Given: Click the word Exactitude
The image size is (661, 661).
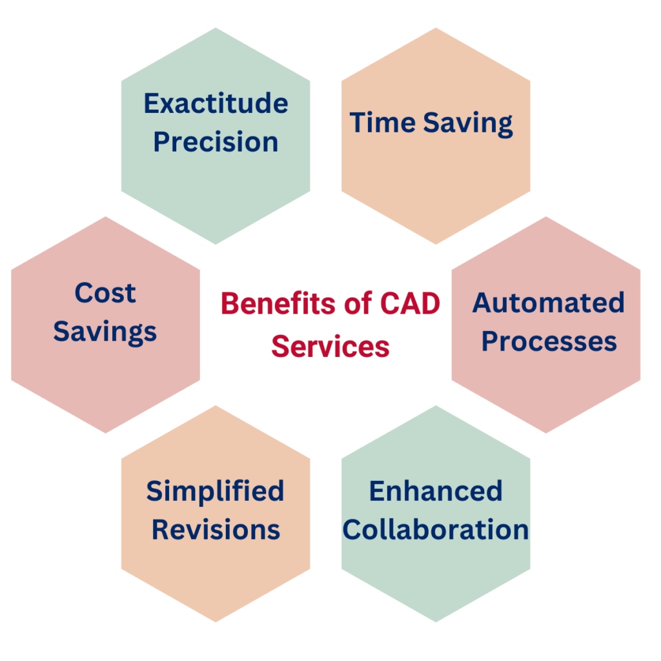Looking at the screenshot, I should point(216,103).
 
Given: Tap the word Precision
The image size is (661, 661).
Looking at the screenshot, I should point(216,143).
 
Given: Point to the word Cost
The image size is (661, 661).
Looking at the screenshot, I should point(105,293).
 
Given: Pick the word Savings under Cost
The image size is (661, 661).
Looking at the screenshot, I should point(105,332).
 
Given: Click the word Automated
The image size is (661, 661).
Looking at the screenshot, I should point(549,303).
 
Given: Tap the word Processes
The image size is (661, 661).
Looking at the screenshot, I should point(549,341).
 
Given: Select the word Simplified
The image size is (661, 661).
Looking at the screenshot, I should point(216,492).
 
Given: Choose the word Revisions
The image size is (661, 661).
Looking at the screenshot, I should point(216,530).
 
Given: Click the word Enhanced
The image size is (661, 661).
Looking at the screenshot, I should point(436,491).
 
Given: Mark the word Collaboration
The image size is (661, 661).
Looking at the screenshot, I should point(436,530).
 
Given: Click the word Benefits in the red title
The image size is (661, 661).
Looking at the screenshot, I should point(274,303).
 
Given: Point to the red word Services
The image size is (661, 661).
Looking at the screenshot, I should point(330,347).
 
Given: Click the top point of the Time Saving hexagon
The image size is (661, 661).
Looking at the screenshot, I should point(436,28).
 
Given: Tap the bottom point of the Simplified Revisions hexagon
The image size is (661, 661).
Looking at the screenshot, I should point(216,622).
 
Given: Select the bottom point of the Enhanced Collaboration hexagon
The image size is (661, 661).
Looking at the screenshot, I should point(436,622).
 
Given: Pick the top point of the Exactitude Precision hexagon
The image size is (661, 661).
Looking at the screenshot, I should point(216,28).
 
